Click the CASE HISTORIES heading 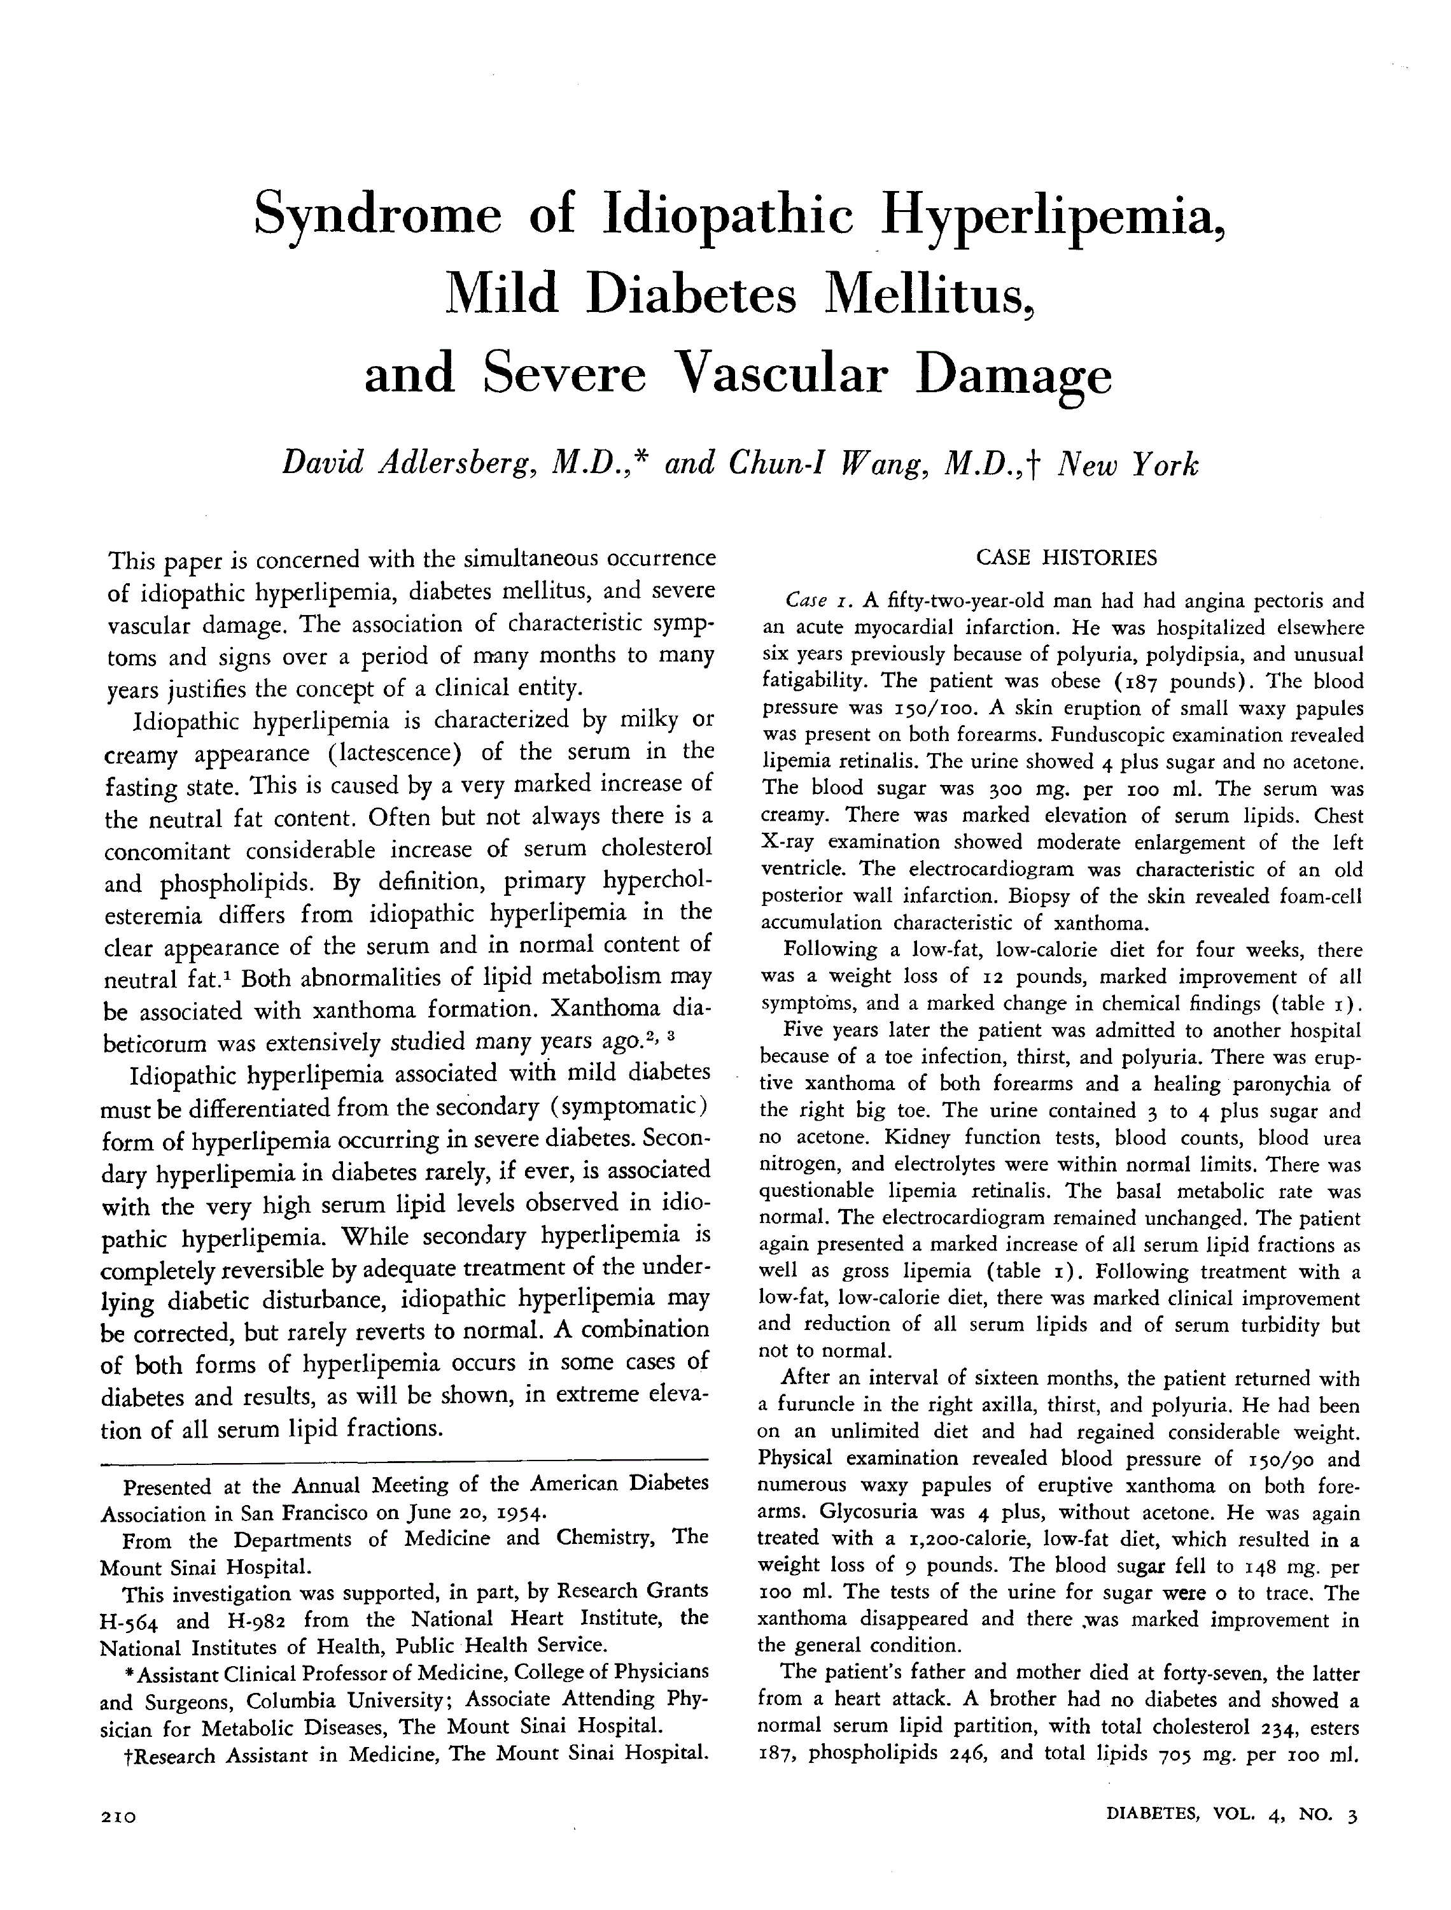pyautogui.click(x=1066, y=557)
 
